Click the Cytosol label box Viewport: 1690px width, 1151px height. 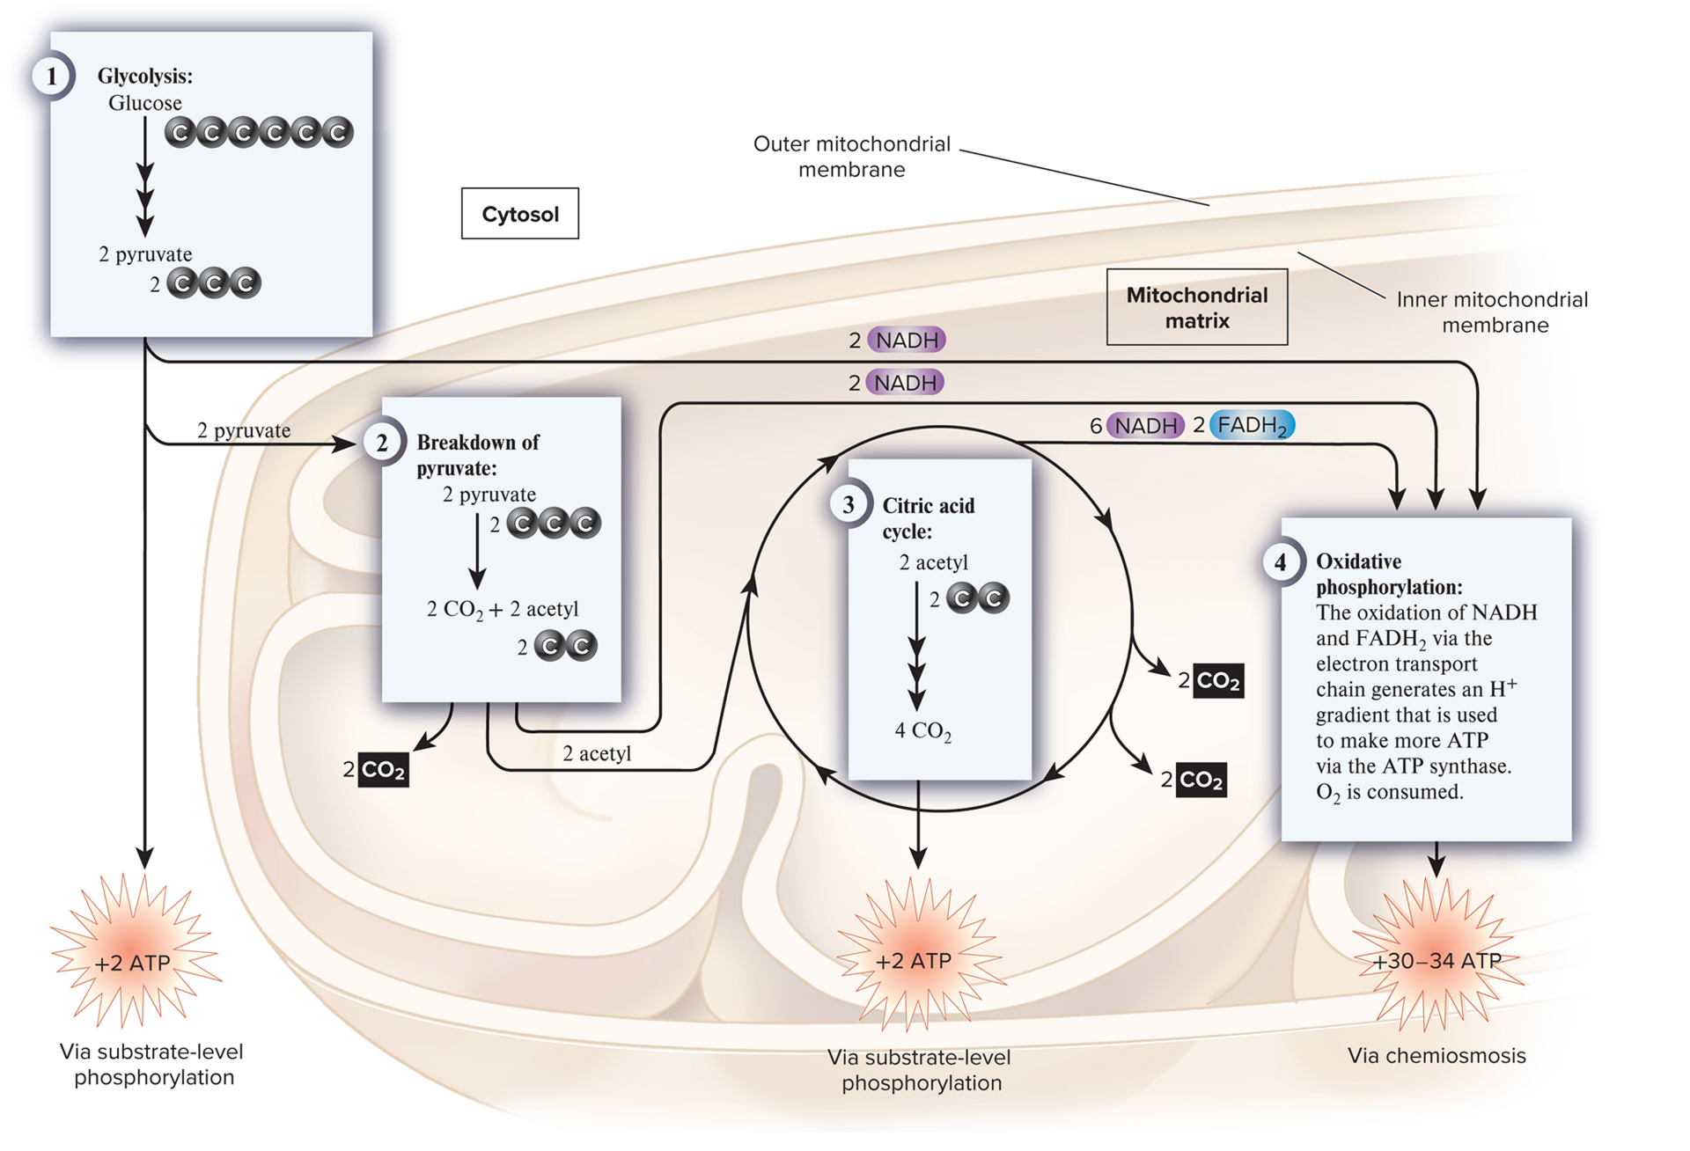click(520, 214)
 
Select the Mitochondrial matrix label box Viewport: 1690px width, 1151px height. click(1197, 307)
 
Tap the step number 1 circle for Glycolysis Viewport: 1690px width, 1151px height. click(51, 77)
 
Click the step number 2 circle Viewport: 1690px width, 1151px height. click(382, 443)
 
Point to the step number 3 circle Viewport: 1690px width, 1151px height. click(849, 505)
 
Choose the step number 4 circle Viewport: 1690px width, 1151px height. click(1281, 562)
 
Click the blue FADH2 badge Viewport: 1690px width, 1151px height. click(1253, 425)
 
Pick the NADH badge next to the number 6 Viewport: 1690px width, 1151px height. click(1145, 426)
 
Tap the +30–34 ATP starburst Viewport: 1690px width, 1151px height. click(1437, 961)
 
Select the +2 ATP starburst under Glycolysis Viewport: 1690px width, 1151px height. click(133, 963)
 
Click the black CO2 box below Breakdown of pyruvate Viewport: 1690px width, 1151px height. click(383, 770)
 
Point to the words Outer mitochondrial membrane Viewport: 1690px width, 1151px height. click(851, 157)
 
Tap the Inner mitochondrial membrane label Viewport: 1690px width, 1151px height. click(1493, 312)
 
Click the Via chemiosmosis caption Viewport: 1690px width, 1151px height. click(1436, 1056)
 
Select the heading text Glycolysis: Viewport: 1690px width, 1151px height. click(144, 77)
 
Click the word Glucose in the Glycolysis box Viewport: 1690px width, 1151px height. click(144, 103)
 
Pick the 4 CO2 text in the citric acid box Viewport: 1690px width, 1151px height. click(922, 730)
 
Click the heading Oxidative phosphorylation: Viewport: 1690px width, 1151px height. click(1389, 574)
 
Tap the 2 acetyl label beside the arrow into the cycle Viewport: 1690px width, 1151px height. click(597, 753)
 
